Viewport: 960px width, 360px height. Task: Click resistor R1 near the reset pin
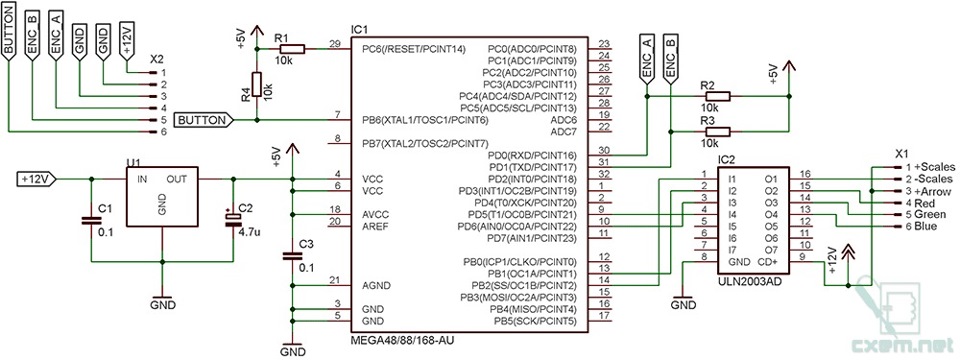(x=291, y=47)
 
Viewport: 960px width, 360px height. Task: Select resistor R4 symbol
(x=256, y=85)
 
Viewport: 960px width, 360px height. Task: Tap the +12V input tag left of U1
(x=36, y=179)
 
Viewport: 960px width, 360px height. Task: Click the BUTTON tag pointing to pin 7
(x=204, y=120)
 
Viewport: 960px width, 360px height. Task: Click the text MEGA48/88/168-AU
(x=405, y=340)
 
